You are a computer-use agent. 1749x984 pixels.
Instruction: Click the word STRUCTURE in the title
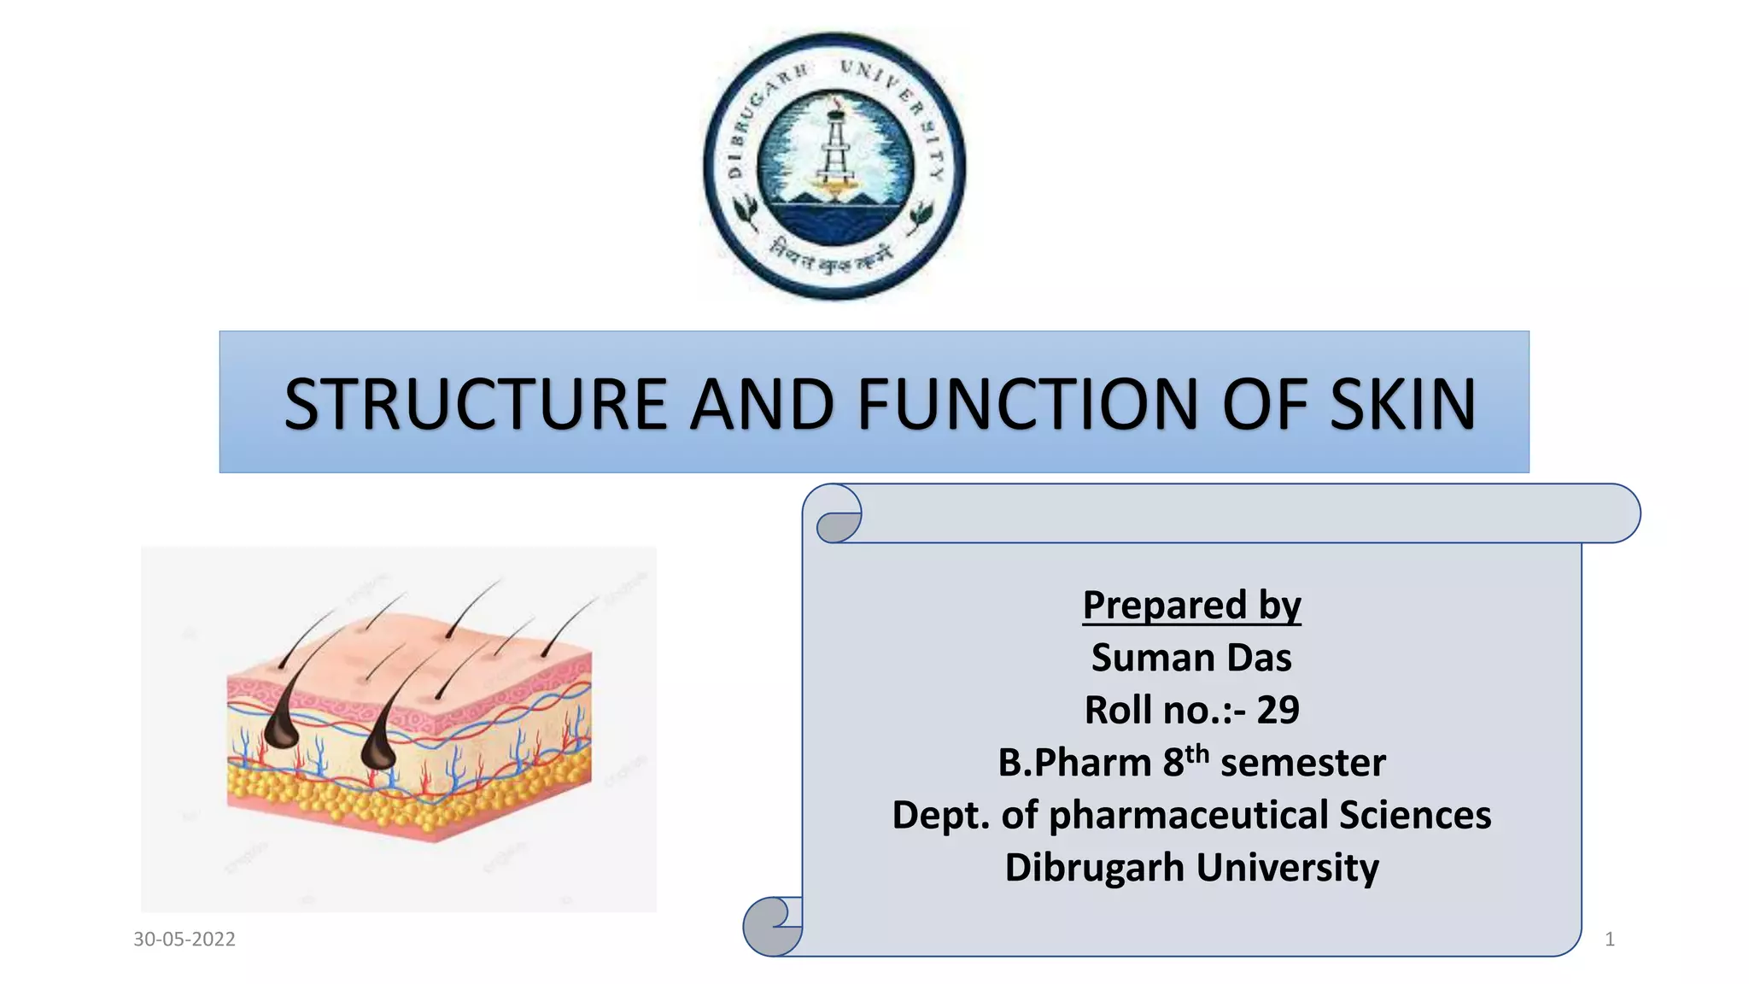pyautogui.click(x=475, y=404)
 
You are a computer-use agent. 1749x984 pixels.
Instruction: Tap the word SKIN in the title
pyautogui.click(x=1402, y=404)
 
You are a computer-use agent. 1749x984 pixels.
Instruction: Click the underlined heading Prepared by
pyautogui.click(x=1191, y=606)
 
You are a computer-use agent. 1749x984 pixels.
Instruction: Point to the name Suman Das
pyautogui.click(x=1191, y=658)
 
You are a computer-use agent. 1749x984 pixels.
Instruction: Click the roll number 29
pyautogui.click(x=1278, y=711)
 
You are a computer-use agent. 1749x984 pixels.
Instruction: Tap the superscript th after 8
pyautogui.click(x=1196, y=753)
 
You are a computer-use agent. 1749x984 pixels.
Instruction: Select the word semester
pyautogui.click(x=1302, y=763)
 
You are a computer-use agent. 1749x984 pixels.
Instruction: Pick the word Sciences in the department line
pyautogui.click(x=1414, y=815)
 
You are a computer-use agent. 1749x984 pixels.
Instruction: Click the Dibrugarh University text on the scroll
pyautogui.click(x=1191, y=868)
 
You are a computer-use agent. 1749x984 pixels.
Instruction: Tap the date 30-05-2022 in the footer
pyautogui.click(x=184, y=940)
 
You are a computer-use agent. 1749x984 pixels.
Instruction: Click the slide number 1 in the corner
pyautogui.click(x=1609, y=940)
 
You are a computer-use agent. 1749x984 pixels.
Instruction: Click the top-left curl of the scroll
pyautogui.click(x=839, y=515)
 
